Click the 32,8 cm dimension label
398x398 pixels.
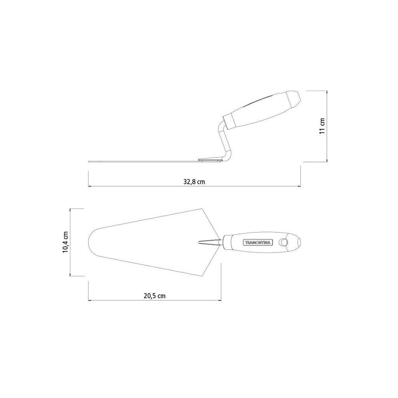[194, 182]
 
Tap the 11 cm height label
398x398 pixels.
[322, 126]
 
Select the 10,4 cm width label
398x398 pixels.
[65, 242]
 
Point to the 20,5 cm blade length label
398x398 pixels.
[155, 296]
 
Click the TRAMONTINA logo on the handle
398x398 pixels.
[258, 243]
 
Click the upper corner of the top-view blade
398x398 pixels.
[202, 209]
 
